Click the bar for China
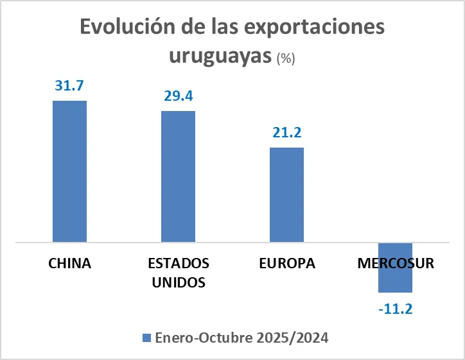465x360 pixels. click(x=69, y=171)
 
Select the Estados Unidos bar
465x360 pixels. click(x=178, y=176)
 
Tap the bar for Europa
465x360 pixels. click(x=286, y=195)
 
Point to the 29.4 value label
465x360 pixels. click(x=178, y=96)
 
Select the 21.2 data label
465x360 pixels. click(x=286, y=133)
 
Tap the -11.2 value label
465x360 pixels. click(x=395, y=309)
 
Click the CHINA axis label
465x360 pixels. click(x=69, y=264)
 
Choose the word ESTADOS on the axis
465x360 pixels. click(x=178, y=264)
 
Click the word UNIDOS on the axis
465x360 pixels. click(x=178, y=282)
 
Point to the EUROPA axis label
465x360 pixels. click(x=286, y=264)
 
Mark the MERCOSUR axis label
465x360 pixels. click(x=395, y=264)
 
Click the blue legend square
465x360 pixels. click(x=145, y=338)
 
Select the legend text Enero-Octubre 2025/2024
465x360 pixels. click(x=242, y=338)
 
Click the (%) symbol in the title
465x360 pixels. click(x=285, y=58)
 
